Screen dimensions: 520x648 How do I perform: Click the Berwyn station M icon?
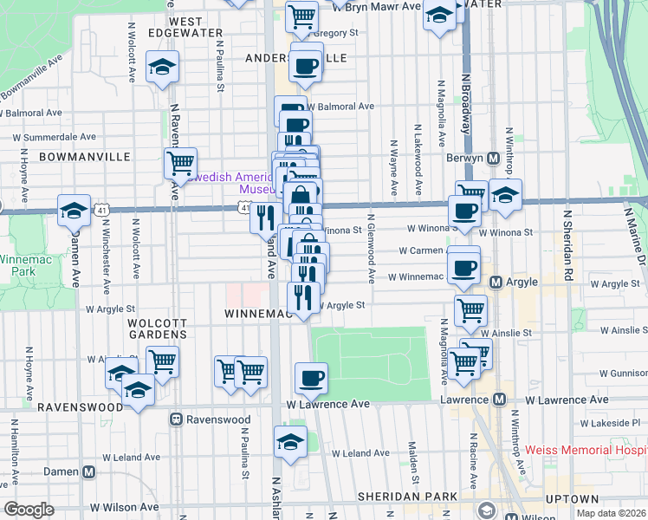click(492, 159)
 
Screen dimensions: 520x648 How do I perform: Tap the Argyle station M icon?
click(496, 283)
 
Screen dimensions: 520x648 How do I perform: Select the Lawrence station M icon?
click(498, 400)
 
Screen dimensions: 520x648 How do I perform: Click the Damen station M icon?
click(88, 471)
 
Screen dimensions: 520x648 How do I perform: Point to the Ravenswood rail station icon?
click(176, 419)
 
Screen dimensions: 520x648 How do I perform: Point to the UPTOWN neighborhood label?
click(572, 499)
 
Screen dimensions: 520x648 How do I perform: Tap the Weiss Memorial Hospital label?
click(586, 452)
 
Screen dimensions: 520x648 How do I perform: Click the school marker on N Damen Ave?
click(75, 209)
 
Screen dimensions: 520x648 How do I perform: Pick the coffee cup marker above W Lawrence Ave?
click(312, 377)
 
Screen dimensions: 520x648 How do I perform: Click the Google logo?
click(29, 510)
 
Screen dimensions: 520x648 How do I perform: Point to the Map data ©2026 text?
click(612, 513)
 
